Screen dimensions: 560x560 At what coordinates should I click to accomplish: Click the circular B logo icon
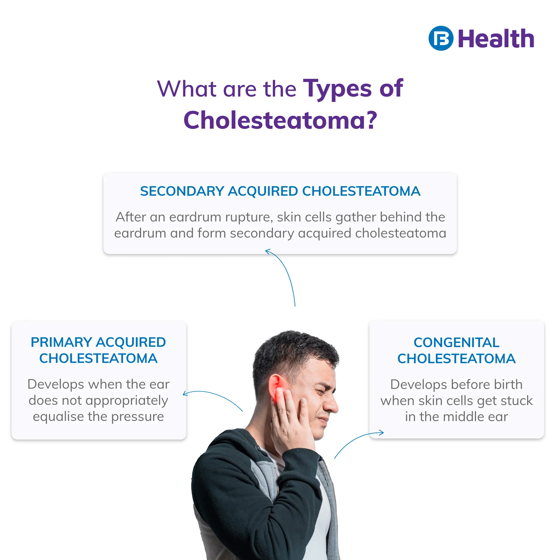(441, 38)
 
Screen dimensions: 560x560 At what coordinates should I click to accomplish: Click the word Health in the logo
(496, 38)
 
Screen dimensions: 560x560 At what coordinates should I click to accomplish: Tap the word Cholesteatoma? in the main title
(280, 120)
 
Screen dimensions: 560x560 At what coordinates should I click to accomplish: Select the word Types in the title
(337, 89)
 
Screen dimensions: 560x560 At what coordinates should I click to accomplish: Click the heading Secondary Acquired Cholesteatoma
(280, 191)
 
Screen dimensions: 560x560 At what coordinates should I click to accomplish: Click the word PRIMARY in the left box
(62, 342)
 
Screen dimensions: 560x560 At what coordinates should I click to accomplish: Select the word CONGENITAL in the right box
(456, 342)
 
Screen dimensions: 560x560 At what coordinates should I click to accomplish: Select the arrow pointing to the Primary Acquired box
(213, 397)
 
